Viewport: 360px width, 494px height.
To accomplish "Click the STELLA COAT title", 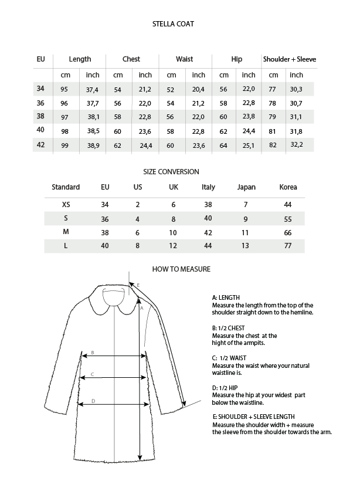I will point(173,24).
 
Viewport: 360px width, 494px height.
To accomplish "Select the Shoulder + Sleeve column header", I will point(290,59).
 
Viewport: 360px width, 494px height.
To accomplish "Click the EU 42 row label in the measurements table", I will point(40,145).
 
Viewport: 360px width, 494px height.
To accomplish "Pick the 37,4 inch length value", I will point(92,89).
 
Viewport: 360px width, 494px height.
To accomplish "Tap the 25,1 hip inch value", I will point(249,146).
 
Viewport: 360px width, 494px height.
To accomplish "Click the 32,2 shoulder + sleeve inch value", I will point(297,144).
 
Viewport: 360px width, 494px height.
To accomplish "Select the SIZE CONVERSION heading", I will point(171,172).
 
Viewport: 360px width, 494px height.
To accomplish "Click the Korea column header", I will point(288,187).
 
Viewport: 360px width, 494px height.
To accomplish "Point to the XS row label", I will point(66,205).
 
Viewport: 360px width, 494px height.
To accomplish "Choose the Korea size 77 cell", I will point(288,246).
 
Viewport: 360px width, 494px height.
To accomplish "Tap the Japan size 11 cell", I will point(246,232).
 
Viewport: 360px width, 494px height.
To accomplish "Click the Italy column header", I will point(208,187).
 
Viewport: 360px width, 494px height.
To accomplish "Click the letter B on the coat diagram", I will point(92,353).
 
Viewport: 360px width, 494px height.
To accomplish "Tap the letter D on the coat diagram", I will point(94,401).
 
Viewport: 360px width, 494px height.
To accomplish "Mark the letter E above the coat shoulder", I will point(138,285).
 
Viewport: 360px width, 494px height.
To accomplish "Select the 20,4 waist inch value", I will point(199,89).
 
